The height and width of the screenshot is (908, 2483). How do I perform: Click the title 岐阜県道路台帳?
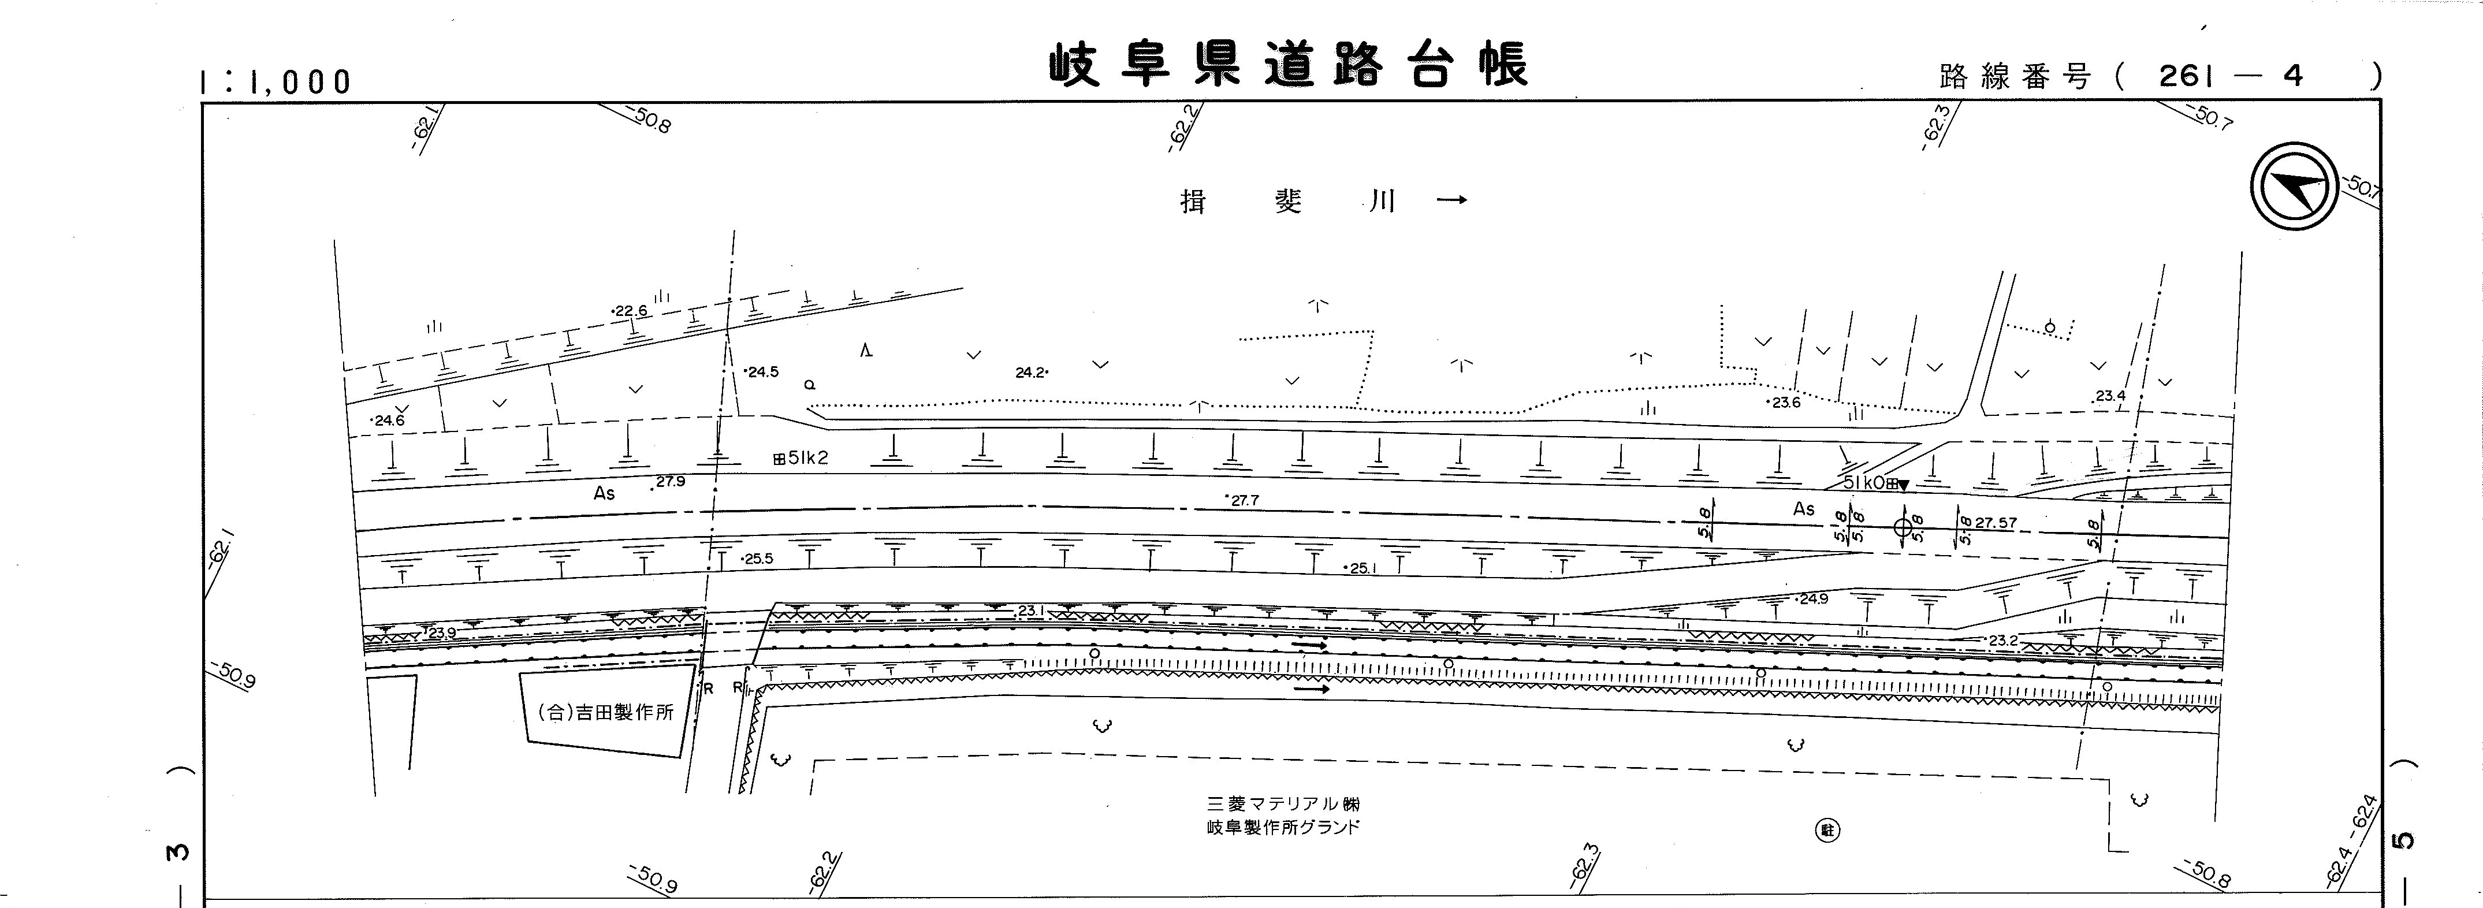click(x=1288, y=65)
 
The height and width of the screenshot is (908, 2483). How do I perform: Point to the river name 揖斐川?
click(x=1288, y=202)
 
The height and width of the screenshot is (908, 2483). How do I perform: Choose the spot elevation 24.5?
click(x=761, y=371)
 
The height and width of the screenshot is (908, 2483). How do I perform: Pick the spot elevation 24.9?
click(x=1811, y=598)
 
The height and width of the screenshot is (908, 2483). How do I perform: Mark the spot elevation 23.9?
click(x=441, y=632)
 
